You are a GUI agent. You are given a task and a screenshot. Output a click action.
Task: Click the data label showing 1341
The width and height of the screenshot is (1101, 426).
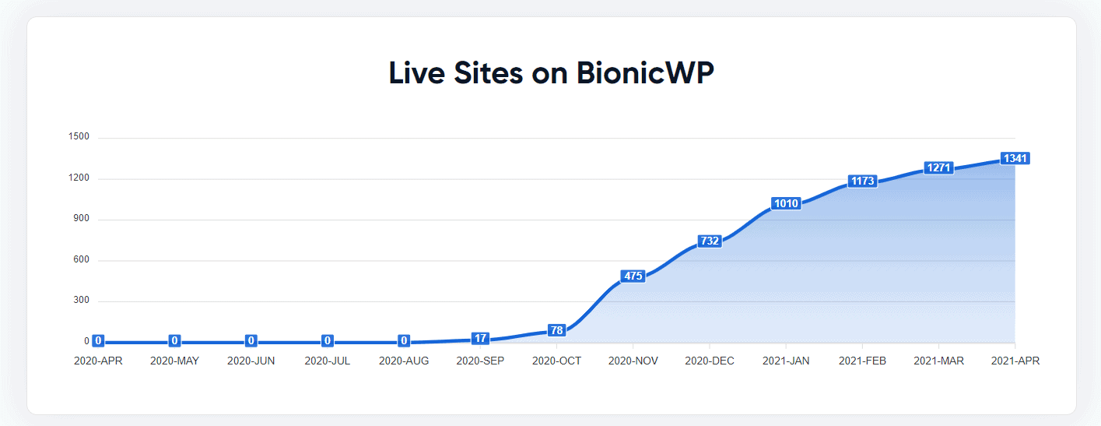[x=1015, y=158]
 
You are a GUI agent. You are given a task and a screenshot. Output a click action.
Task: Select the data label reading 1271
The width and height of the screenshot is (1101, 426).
[x=938, y=167]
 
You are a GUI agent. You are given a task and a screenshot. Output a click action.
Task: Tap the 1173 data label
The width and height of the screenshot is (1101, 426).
[x=862, y=181]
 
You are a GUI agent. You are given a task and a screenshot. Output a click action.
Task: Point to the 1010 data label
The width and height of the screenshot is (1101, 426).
[x=786, y=203]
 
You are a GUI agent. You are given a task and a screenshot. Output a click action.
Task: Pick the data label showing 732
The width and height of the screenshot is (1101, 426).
[x=710, y=241]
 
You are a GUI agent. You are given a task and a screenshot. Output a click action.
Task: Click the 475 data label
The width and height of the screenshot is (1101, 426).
[x=633, y=276]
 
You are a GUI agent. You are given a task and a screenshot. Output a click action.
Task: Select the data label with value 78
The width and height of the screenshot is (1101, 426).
[x=556, y=330]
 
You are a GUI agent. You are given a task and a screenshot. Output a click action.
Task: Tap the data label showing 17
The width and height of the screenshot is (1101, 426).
[x=480, y=338]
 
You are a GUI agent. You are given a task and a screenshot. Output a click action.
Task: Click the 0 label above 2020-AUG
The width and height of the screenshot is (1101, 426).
[x=404, y=340]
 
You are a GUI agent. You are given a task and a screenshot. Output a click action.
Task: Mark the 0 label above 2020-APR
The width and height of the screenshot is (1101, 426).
[x=98, y=340]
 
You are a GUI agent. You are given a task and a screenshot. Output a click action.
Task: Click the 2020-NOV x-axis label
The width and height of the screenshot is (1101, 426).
[x=633, y=361]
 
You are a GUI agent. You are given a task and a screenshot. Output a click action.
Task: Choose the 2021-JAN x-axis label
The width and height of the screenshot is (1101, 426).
[x=786, y=361]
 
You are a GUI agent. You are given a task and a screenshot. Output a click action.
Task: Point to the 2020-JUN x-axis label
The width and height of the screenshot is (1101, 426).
[x=251, y=361]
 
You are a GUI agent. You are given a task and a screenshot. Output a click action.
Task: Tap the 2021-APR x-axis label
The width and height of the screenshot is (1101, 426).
[x=1015, y=361]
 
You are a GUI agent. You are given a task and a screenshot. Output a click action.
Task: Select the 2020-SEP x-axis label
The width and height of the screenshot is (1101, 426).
[x=480, y=361]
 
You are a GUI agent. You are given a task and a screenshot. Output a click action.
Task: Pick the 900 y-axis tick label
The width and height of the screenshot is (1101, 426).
[x=81, y=219]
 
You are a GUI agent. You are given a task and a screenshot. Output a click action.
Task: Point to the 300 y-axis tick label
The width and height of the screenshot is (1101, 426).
[x=81, y=301]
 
